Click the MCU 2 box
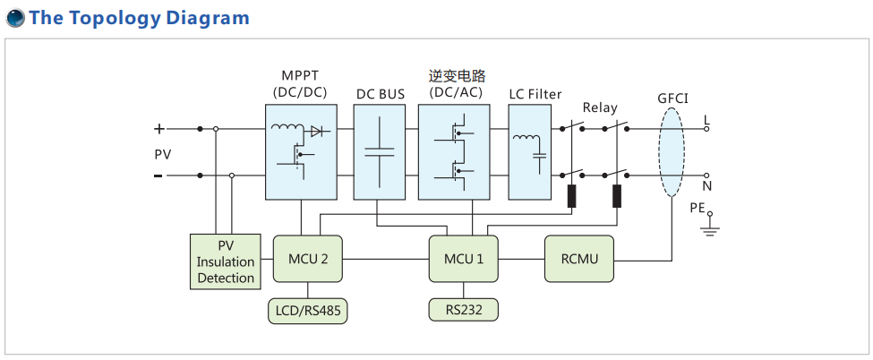pyautogui.click(x=307, y=259)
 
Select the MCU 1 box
pyautogui.click(x=463, y=259)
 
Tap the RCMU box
pyautogui.click(x=578, y=259)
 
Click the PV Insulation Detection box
pyautogui.click(x=226, y=261)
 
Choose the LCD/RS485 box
pyautogui.click(x=307, y=311)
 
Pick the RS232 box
pyautogui.click(x=463, y=311)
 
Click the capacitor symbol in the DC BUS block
pyautogui.click(x=380, y=150)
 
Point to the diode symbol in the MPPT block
pyautogui.click(x=315, y=131)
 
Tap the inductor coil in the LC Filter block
pyautogui.click(x=526, y=138)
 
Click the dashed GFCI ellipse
pyautogui.click(x=672, y=152)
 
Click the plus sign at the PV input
pyautogui.click(x=160, y=128)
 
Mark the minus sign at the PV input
pyautogui.click(x=158, y=176)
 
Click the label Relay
pyautogui.click(x=600, y=107)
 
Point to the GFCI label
pyautogui.click(x=672, y=98)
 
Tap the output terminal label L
pyautogui.click(x=706, y=118)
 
